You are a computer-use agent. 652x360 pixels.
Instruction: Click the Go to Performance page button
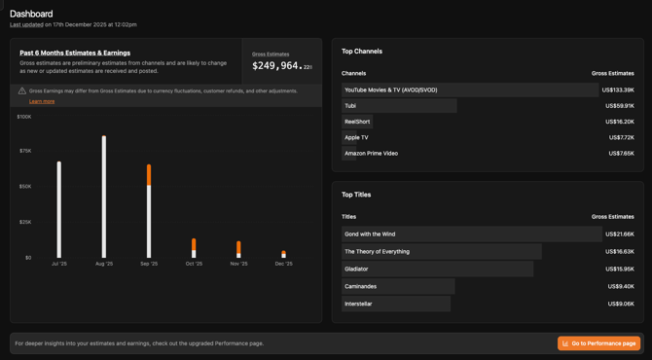click(598, 343)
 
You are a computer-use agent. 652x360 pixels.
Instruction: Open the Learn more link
click(42, 101)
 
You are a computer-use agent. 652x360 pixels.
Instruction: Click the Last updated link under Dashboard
click(26, 24)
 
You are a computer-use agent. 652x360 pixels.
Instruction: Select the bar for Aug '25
click(104, 197)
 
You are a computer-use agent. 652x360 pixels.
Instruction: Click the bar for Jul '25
click(59, 209)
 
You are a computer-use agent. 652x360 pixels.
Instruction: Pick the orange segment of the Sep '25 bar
click(149, 175)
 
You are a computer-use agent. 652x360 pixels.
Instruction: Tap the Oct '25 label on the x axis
click(194, 264)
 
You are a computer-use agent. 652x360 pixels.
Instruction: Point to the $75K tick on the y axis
click(25, 151)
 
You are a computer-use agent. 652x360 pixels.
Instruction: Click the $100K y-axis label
click(24, 117)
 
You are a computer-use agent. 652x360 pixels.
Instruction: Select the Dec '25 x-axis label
click(283, 264)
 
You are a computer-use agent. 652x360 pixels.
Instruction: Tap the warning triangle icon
click(22, 90)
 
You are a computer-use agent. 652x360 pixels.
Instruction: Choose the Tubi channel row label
click(350, 106)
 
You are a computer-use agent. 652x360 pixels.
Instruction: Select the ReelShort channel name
click(357, 122)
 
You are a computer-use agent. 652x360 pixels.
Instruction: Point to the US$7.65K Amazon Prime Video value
click(621, 153)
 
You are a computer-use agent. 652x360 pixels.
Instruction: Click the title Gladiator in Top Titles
click(356, 269)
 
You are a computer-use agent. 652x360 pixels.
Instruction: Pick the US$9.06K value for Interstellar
click(621, 304)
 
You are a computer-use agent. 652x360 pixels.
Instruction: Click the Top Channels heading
click(362, 52)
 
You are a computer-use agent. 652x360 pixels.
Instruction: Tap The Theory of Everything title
click(377, 251)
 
